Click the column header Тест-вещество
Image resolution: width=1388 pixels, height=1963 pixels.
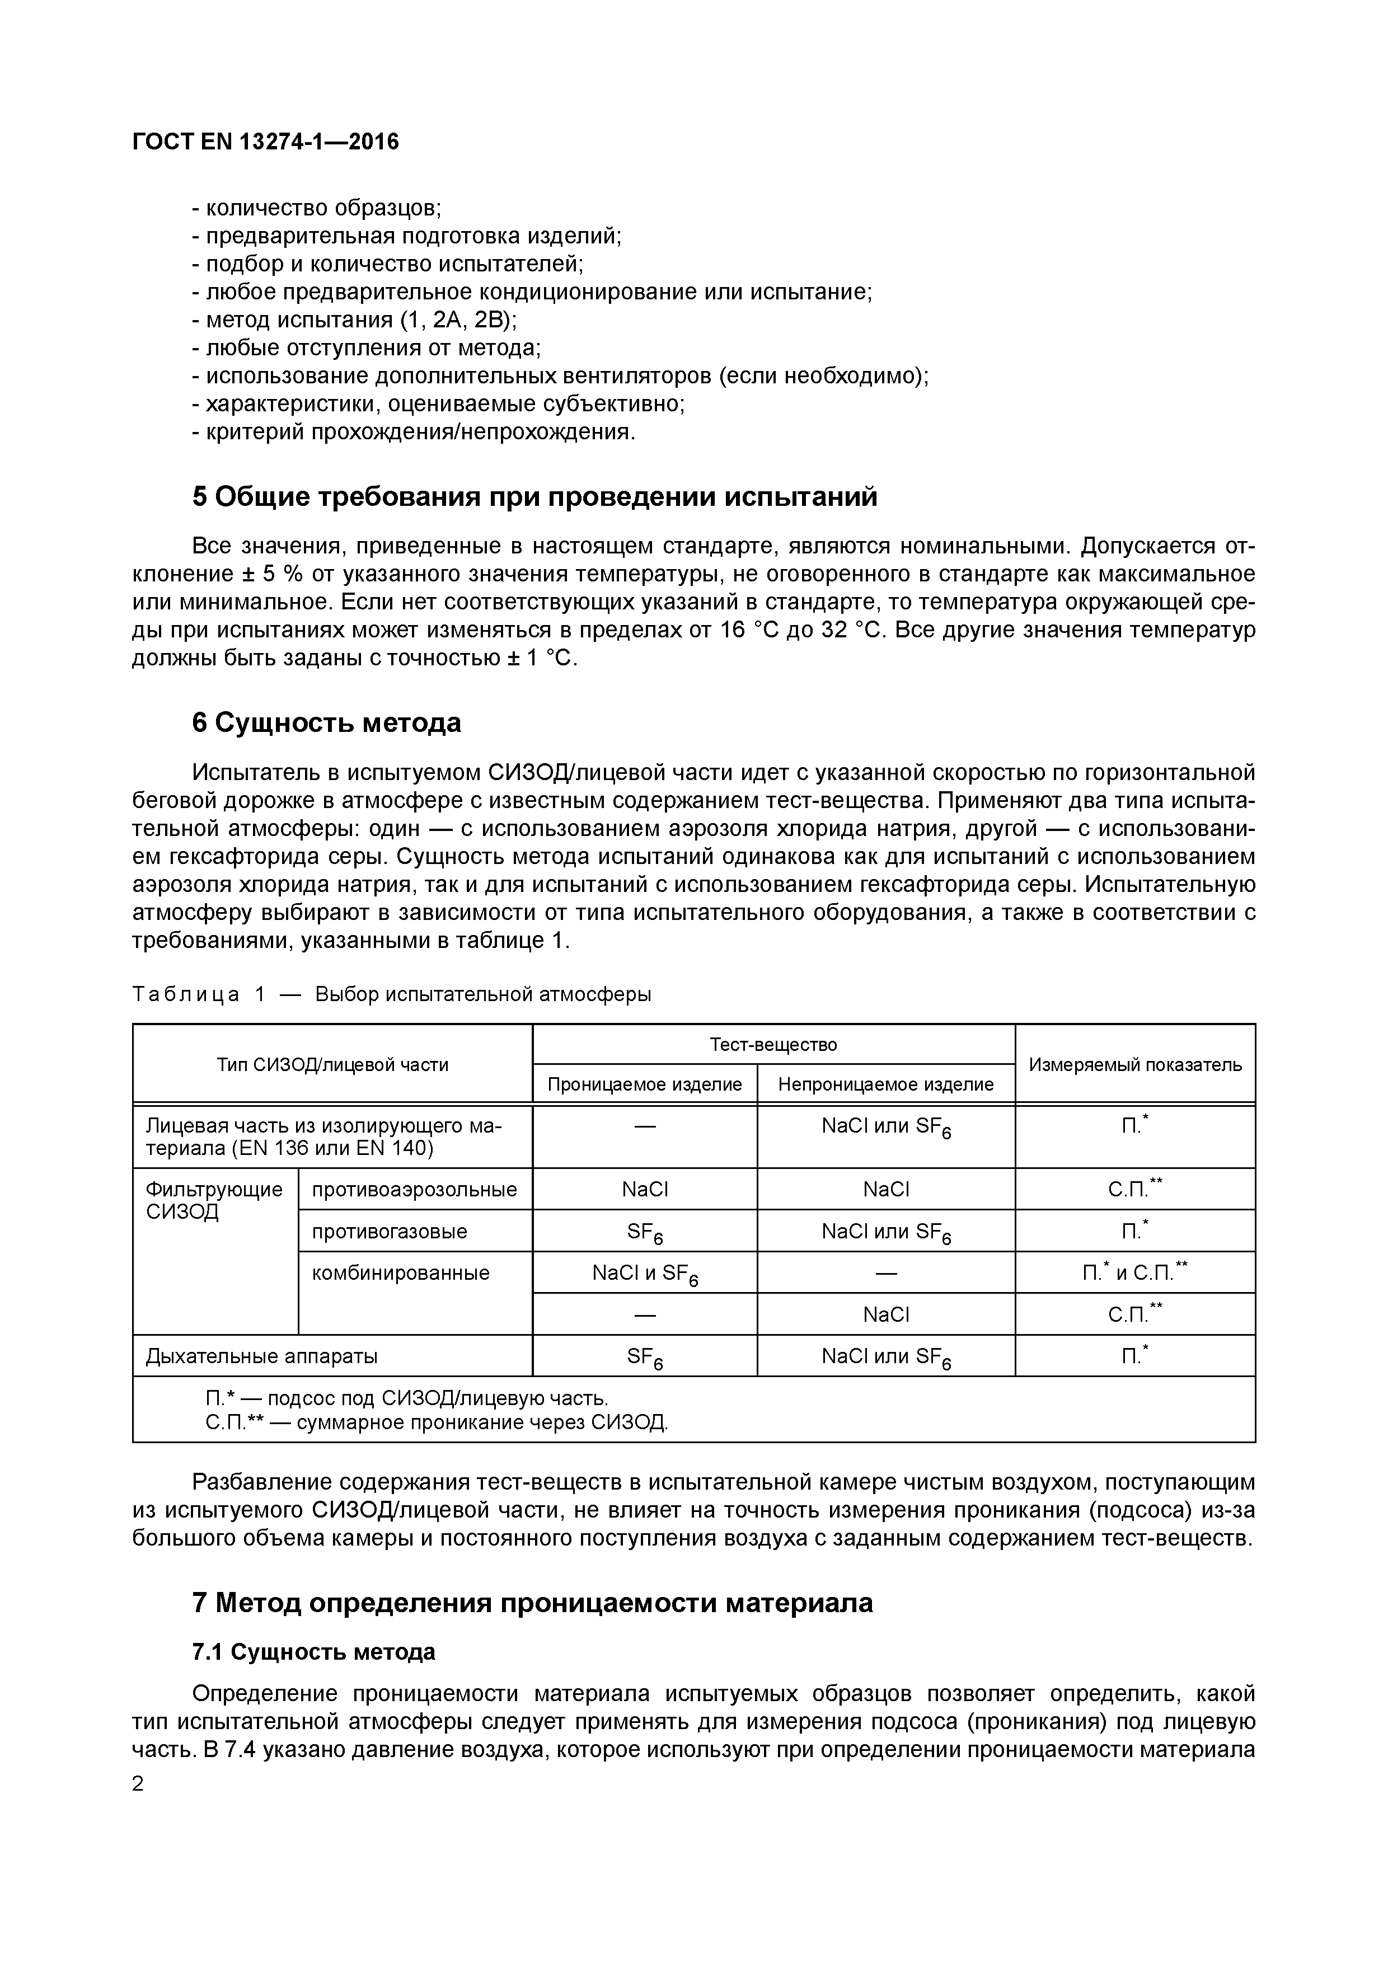click(x=773, y=1044)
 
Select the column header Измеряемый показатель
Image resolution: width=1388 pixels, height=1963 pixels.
click(x=1135, y=1064)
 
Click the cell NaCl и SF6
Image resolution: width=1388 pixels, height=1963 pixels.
click(x=645, y=1274)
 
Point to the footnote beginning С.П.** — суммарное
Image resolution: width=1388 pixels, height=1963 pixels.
click(x=436, y=1422)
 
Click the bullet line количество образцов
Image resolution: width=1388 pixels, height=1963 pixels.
click(x=316, y=208)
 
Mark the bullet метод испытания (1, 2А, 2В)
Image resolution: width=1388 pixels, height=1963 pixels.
click(x=354, y=320)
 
